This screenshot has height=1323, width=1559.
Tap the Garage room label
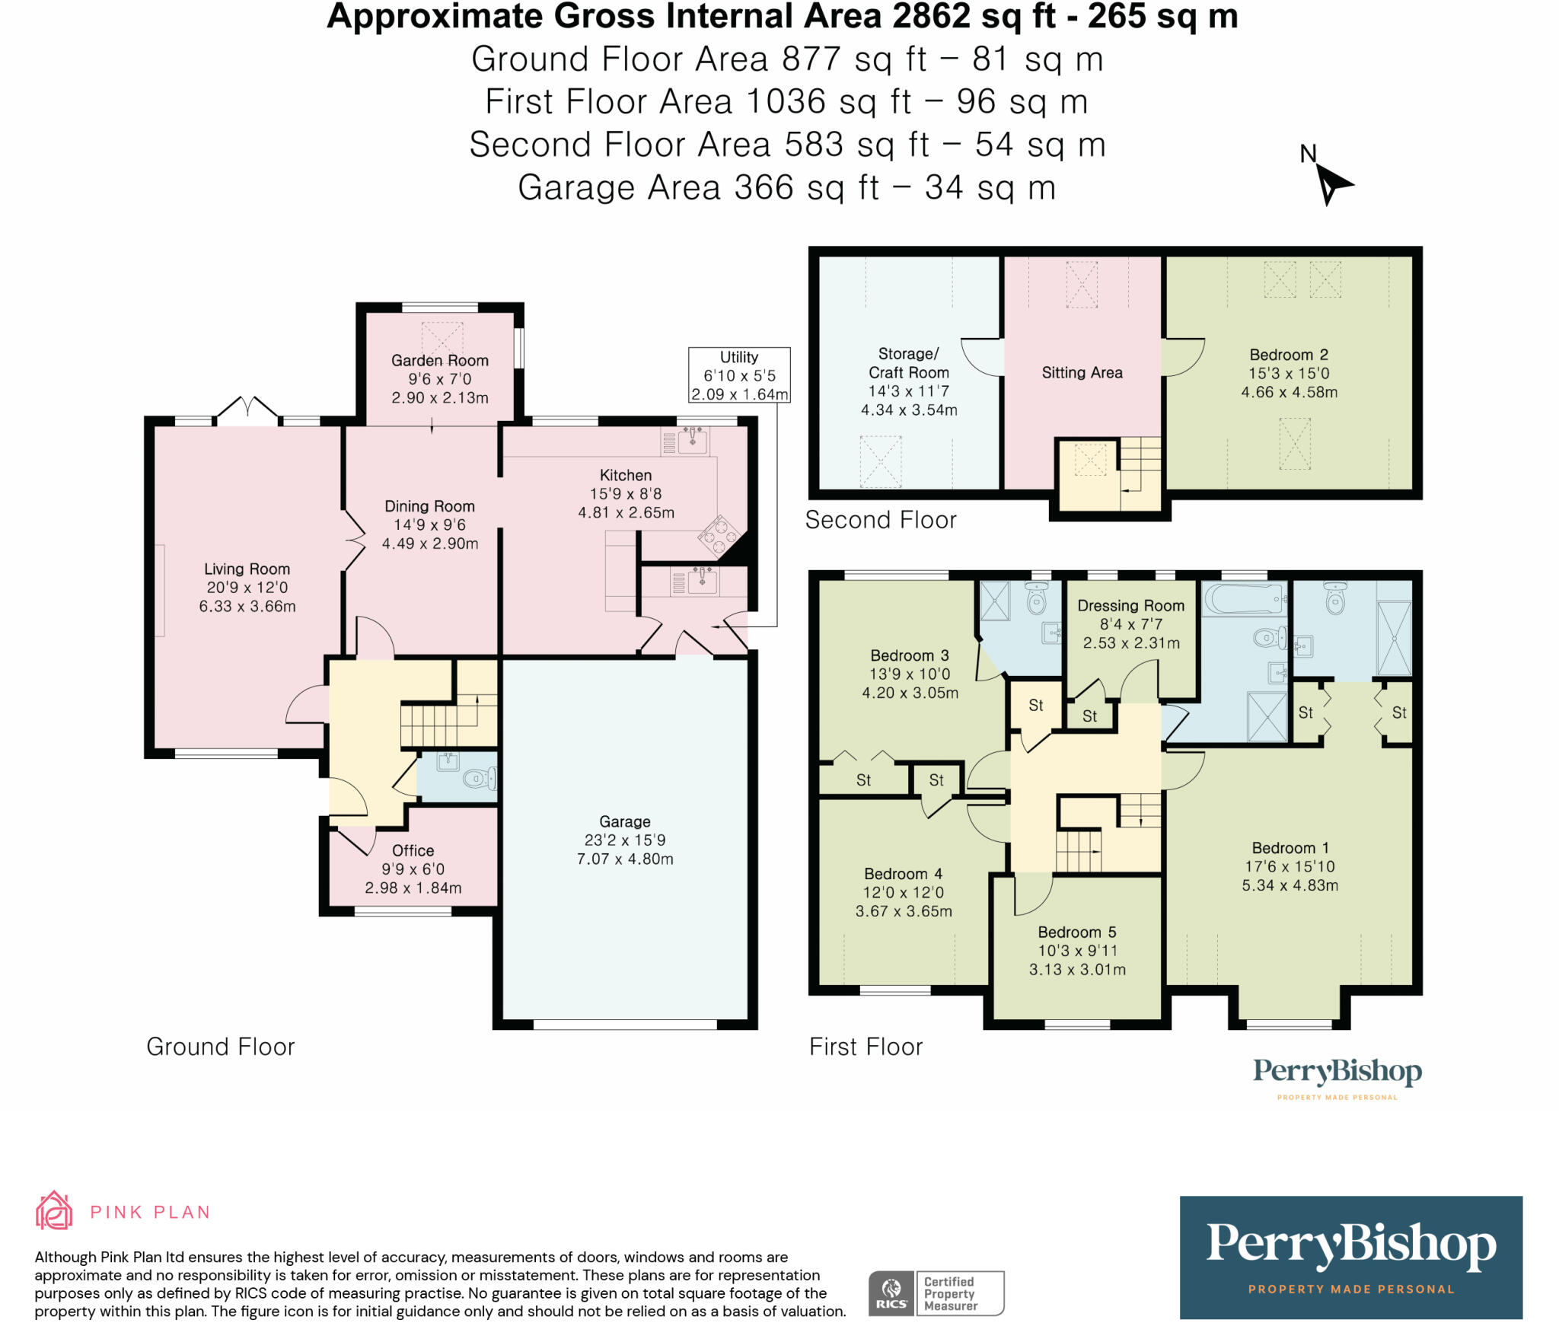click(624, 821)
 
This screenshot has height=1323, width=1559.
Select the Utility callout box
click(739, 375)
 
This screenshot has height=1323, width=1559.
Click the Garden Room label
click(439, 361)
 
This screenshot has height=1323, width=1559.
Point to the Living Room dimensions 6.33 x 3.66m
click(247, 607)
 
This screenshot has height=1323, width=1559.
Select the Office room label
click(413, 850)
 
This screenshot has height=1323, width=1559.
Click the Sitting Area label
click(1082, 372)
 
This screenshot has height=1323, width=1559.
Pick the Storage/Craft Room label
click(908, 363)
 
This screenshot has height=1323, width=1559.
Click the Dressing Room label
click(1130, 606)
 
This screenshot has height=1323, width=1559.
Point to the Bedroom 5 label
click(1076, 932)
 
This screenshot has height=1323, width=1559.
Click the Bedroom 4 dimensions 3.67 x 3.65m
click(904, 911)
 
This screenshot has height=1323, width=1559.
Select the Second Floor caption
click(880, 520)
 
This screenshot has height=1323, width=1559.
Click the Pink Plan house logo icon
click(54, 1210)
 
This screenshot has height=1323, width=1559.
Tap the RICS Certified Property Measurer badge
click(936, 1293)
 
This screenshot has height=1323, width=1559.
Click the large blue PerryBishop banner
click(1350, 1258)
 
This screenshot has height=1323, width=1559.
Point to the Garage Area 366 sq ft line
click(786, 188)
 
